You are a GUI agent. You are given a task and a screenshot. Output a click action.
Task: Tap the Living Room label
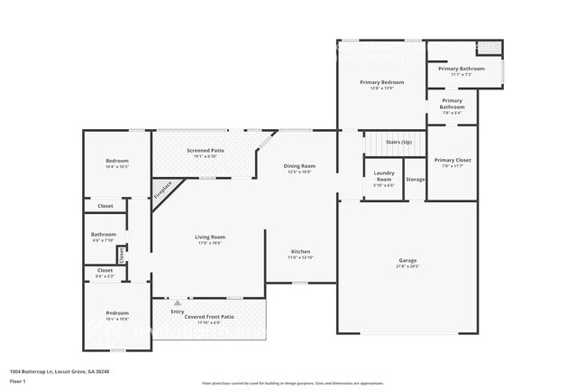pyautogui.click(x=209, y=237)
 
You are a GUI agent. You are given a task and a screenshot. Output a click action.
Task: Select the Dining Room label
pyautogui.click(x=300, y=166)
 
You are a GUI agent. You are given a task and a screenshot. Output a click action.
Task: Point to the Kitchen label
pyautogui.click(x=300, y=251)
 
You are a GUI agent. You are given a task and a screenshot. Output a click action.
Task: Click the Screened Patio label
pyautogui.click(x=206, y=150)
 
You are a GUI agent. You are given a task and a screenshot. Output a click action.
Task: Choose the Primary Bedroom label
pyautogui.click(x=381, y=82)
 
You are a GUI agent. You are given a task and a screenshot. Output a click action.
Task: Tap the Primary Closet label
pyautogui.click(x=452, y=160)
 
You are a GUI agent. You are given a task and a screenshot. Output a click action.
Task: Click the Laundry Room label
pyautogui.click(x=383, y=178)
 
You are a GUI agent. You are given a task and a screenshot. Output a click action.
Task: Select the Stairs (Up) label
pyautogui.click(x=398, y=142)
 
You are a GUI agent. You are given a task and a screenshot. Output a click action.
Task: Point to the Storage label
pyautogui.click(x=415, y=180)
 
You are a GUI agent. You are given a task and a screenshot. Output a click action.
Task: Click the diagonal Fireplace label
pyautogui.click(x=162, y=190)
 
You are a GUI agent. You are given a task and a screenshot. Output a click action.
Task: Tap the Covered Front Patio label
pyautogui.click(x=209, y=317)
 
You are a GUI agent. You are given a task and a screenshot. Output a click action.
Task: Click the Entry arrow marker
pyautogui.click(x=177, y=303)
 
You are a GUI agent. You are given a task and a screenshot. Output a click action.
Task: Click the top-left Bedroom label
pyautogui.click(x=117, y=161)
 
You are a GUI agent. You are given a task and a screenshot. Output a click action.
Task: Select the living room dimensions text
pyautogui.click(x=209, y=243)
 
